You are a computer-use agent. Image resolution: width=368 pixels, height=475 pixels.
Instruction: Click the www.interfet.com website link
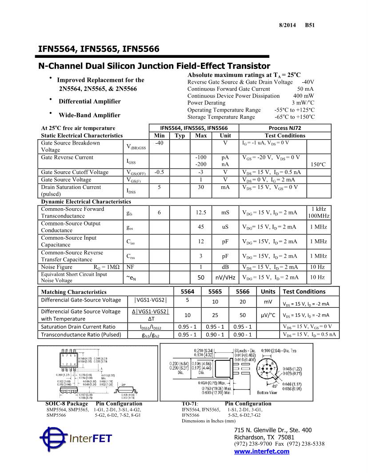[261, 451]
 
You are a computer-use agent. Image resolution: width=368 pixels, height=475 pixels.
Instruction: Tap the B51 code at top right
[310, 25]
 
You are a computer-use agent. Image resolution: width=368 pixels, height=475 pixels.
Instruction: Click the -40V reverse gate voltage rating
[308, 82]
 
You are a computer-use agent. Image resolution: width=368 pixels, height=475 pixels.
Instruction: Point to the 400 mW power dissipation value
[304, 96]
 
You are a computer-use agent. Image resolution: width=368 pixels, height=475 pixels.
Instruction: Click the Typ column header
[180, 136]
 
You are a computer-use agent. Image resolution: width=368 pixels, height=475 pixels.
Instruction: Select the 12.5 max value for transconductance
[201, 213]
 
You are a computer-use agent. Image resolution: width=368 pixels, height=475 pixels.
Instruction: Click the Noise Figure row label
[56, 267]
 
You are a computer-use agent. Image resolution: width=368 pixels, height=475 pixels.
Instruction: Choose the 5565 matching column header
[215, 292]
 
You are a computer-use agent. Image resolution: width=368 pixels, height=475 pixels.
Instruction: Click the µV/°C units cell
[268, 315]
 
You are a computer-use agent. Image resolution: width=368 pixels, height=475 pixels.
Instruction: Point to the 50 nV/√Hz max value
[201, 278]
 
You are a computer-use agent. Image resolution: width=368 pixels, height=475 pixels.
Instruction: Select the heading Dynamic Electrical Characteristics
[86, 202]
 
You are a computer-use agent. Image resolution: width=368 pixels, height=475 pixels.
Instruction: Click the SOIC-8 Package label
[67, 404]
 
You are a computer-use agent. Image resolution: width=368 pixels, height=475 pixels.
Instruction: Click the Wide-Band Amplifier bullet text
[89, 115]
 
